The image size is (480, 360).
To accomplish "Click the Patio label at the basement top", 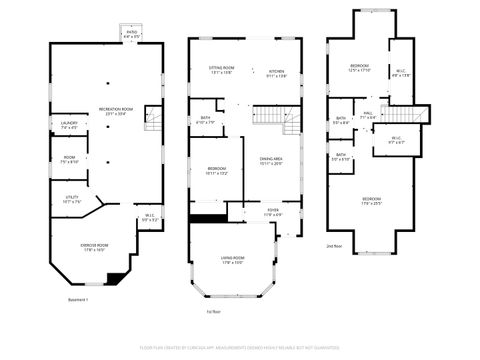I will point(131,33).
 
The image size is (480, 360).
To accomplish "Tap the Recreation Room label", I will point(116,111).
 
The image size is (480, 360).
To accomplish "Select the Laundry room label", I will point(70,126).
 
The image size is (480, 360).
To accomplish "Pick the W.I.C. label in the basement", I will point(149,217).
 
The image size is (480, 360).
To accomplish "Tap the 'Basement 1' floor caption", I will point(78,299).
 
